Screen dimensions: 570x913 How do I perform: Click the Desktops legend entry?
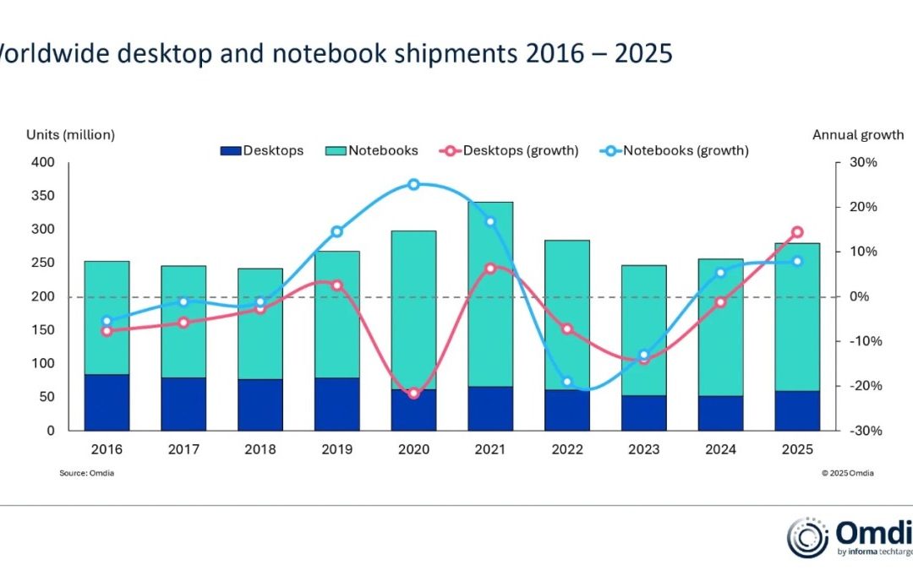point(262,151)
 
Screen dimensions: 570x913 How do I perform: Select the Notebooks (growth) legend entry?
point(675,151)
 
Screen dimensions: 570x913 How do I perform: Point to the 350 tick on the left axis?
point(43,196)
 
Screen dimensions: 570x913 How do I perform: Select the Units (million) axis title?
point(70,134)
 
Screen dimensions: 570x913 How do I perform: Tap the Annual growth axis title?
point(857,134)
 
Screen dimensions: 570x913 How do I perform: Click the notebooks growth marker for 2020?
point(413,184)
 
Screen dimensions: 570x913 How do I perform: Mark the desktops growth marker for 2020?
point(413,394)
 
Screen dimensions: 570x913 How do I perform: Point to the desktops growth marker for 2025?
point(796,232)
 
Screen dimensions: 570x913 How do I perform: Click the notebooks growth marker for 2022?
point(567,382)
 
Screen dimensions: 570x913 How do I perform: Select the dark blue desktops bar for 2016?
point(107,402)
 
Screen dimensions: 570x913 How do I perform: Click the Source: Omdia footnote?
point(86,473)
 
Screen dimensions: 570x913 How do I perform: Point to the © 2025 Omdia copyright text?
point(847,473)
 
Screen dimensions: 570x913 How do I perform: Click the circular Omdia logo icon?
point(807,539)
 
